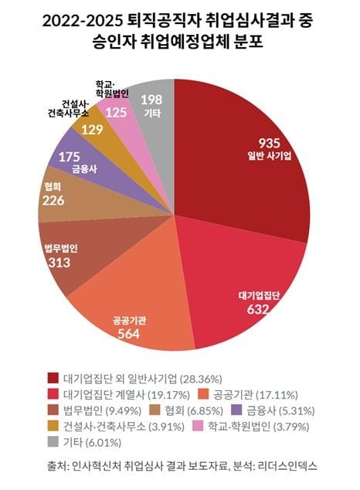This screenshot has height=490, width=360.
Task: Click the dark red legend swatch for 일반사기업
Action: [53, 378]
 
